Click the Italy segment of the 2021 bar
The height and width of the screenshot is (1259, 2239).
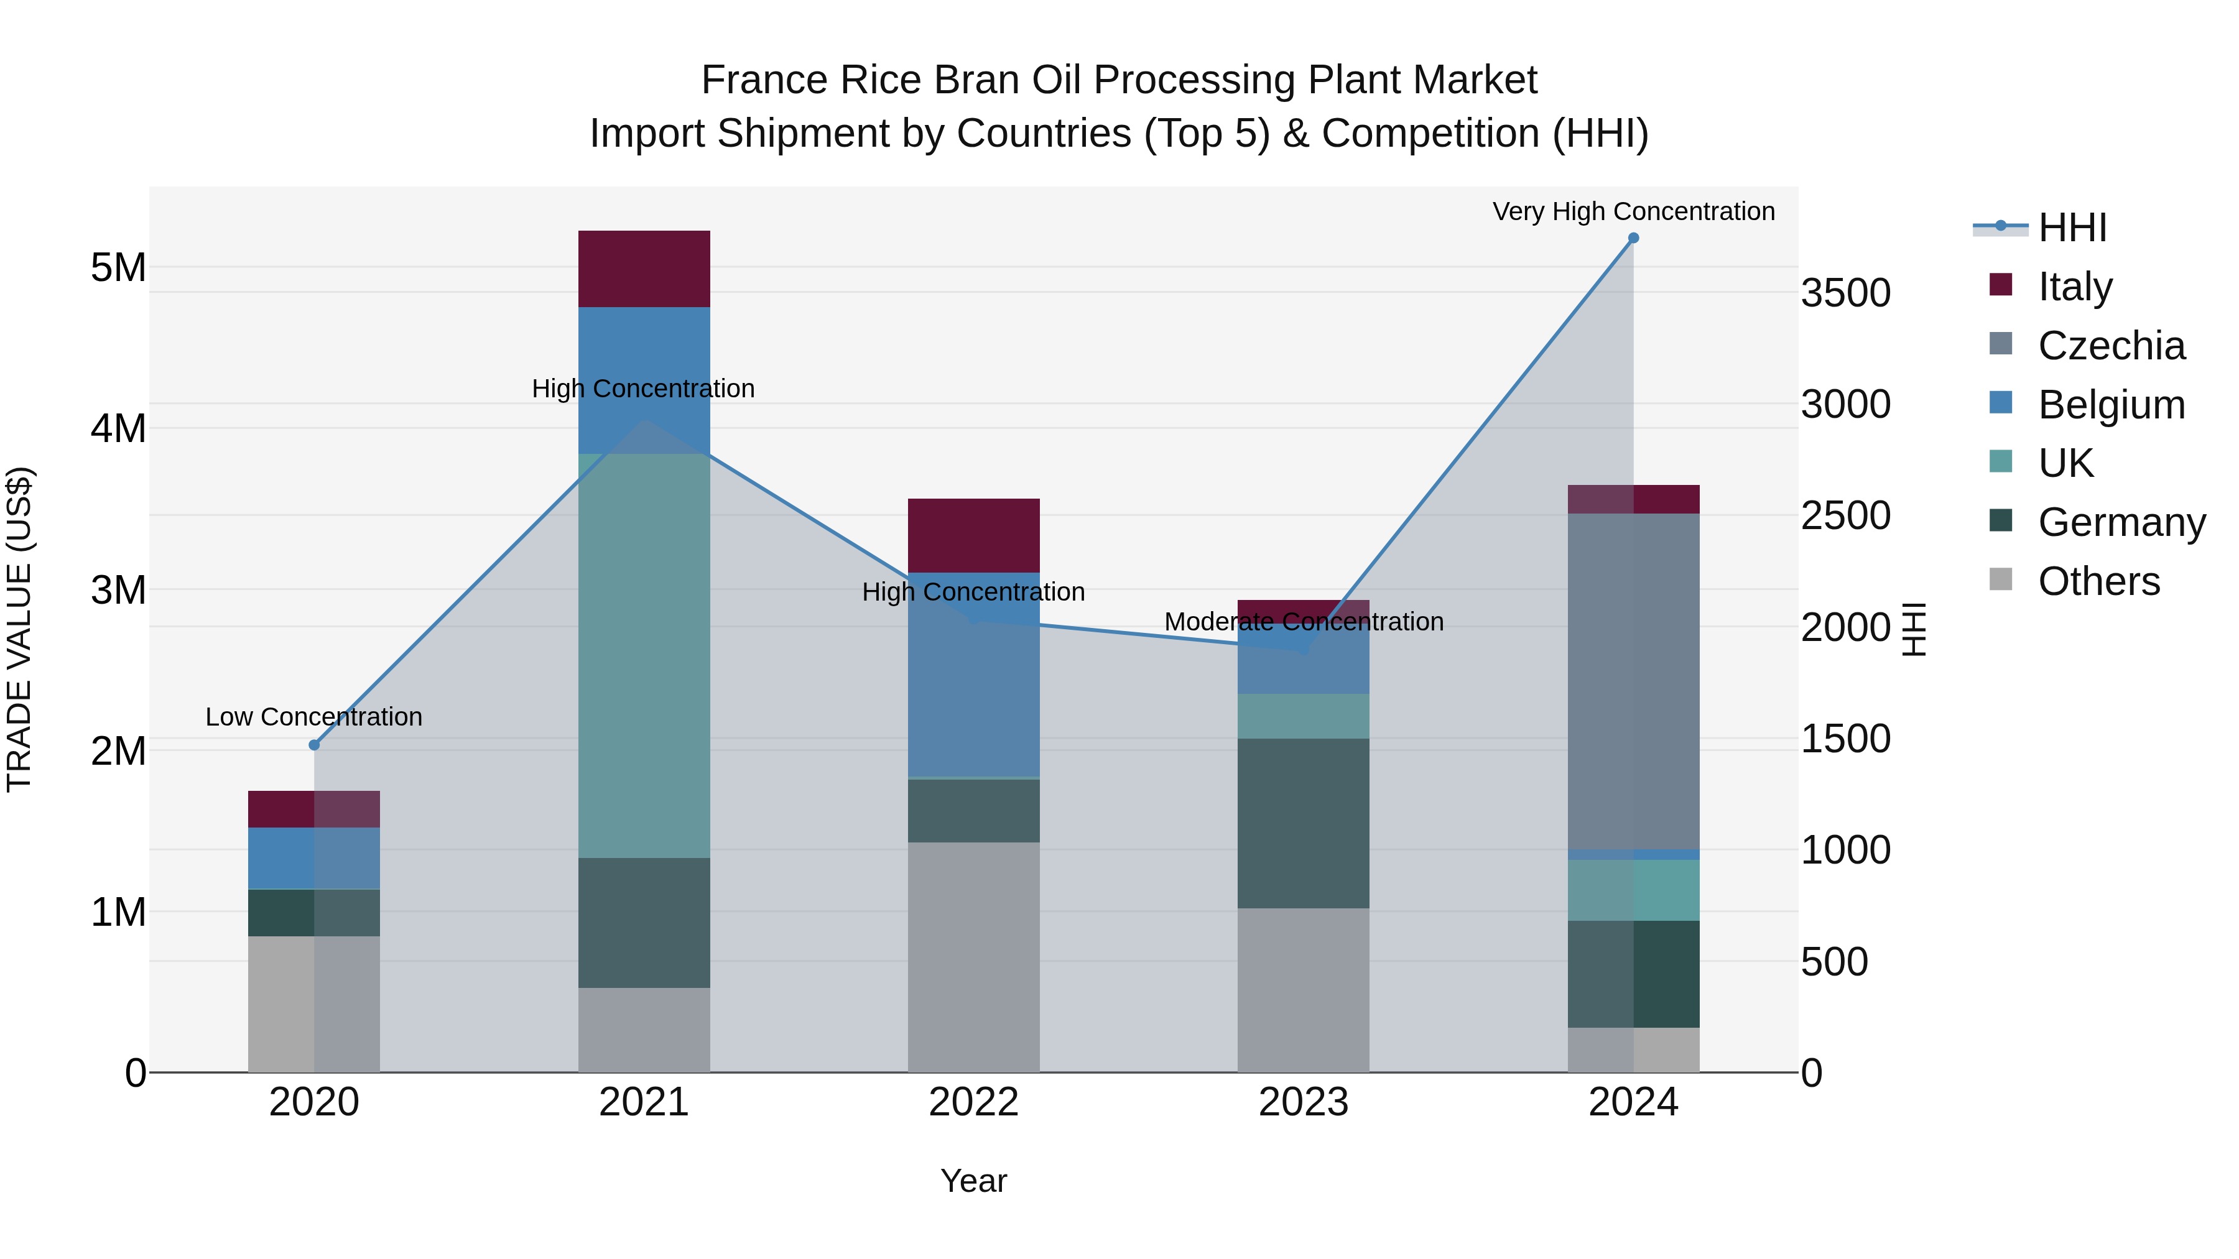click(x=644, y=269)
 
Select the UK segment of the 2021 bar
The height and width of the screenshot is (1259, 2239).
click(x=644, y=656)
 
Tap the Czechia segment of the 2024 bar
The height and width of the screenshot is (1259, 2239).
click(x=1633, y=681)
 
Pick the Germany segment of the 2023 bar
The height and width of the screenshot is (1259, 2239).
click(x=1303, y=824)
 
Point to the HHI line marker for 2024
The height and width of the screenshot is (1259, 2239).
click(x=1633, y=238)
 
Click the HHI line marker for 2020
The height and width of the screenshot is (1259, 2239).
click(x=315, y=745)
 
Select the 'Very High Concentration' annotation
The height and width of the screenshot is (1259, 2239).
click(x=1633, y=212)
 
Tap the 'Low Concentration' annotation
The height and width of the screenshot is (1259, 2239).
click(x=314, y=717)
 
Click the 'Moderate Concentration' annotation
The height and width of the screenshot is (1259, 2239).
click(x=1303, y=622)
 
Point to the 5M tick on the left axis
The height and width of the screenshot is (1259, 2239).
click(x=118, y=267)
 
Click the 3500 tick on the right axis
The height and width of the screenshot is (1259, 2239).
click(x=1845, y=293)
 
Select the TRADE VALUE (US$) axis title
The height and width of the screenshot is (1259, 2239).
click(x=19, y=629)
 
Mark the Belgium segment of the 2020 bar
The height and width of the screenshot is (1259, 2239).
click(x=314, y=859)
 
